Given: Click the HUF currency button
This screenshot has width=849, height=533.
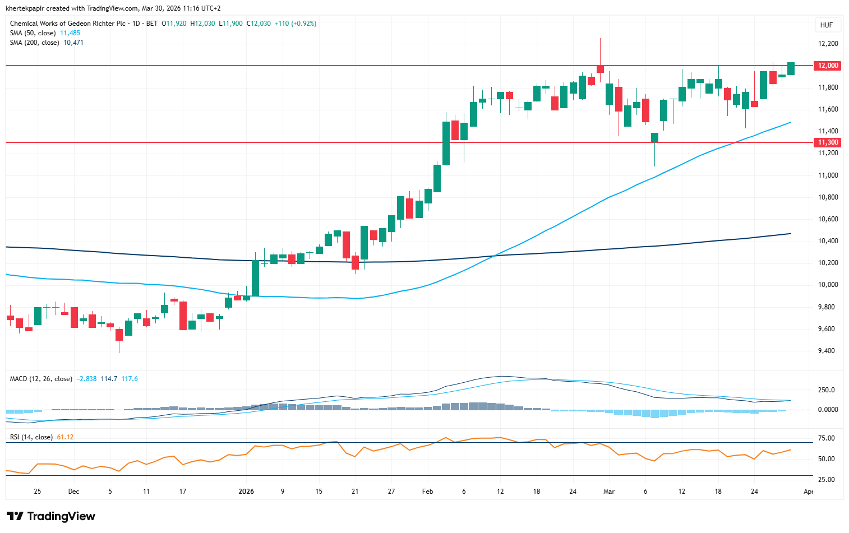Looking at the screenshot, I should coord(826,25).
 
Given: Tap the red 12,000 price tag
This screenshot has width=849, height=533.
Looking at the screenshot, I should coord(828,66).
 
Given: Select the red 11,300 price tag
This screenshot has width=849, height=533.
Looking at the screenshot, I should coord(828,142).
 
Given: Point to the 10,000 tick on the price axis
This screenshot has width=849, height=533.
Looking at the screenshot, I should coord(828,285).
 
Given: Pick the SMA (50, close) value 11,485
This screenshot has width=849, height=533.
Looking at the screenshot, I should coord(70,33).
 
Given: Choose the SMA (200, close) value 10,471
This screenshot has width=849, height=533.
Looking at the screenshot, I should coord(73,43).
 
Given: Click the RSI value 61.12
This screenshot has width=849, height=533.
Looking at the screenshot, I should coord(65,437).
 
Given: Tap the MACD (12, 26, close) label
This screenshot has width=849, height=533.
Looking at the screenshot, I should coord(41,379).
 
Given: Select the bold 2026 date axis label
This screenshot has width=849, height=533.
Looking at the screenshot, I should coord(246,492).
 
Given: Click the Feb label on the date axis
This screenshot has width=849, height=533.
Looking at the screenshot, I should coord(428,492).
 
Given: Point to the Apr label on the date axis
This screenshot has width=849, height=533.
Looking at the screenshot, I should coord(808,492).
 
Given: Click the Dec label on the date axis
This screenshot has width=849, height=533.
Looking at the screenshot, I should coord(73,492).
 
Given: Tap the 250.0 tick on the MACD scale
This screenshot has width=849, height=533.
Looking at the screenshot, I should coord(827,390).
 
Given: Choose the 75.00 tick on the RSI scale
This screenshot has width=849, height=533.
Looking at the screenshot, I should coord(827,438).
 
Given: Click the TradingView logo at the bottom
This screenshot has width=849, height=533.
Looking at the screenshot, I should coord(51,516).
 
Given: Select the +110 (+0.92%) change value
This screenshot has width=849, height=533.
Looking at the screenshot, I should coord(296,24).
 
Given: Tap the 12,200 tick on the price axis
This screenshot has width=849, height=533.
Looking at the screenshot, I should coord(828,44).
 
